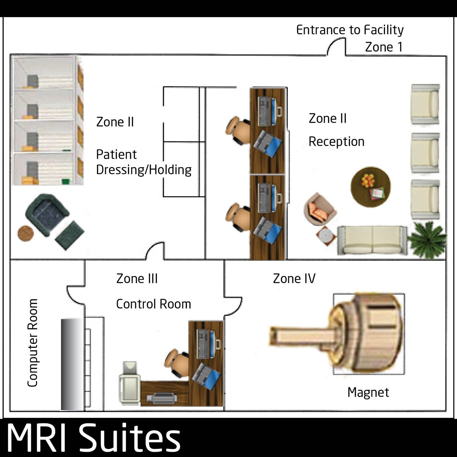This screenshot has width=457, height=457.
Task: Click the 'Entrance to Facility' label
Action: pos(350,30)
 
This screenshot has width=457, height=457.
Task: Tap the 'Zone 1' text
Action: pos(383,47)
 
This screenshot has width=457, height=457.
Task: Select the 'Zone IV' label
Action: pos(294,279)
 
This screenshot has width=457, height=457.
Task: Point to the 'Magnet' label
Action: pos(368,392)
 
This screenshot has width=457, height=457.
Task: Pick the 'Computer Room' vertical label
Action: pos(33,343)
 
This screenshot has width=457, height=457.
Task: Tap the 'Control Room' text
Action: pos(153,304)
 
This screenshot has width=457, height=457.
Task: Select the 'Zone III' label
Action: pos(137,279)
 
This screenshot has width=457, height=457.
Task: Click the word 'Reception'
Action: pos(336,142)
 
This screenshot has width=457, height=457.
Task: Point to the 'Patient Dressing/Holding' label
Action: pos(144,162)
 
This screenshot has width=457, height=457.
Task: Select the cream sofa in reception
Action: pos(372,240)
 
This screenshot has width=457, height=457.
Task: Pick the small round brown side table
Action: pos(26,233)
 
